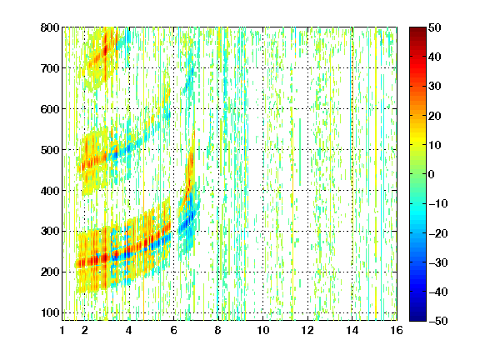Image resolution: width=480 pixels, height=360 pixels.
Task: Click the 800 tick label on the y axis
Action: [50, 27]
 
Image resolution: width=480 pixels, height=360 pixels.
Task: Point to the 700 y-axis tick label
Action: [50, 68]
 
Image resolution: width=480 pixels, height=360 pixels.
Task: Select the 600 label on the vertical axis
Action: [50, 109]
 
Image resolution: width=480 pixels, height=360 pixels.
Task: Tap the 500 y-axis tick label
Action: [50, 150]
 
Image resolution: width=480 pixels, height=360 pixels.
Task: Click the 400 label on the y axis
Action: [50, 191]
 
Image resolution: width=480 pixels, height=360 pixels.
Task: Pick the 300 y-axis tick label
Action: [50, 232]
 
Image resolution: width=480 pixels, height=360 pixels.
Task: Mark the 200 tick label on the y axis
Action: [50, 272]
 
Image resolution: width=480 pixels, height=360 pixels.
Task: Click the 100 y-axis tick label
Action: [50, 312]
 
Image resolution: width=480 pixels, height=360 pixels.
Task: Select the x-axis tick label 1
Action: [62, 330]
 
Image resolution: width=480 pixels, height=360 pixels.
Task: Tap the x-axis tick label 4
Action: [129, 330]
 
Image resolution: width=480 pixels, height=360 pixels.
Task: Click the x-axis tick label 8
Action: [217, 330]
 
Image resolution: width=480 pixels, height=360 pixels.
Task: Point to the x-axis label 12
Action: [307, 330]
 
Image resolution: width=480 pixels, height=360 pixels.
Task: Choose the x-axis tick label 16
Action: [397, 330]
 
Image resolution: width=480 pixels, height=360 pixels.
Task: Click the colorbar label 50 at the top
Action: [435, 27]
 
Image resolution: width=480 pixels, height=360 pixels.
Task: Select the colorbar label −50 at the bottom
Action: [437, 321]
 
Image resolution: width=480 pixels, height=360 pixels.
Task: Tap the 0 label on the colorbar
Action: [432, 174]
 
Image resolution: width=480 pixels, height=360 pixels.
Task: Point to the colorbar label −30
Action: [437, 262]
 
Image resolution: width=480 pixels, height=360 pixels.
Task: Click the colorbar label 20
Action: [435, 116]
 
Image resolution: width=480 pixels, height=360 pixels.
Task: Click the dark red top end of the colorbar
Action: [417, 29]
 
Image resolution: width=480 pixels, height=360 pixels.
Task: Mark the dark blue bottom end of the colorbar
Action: [417, 318]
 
